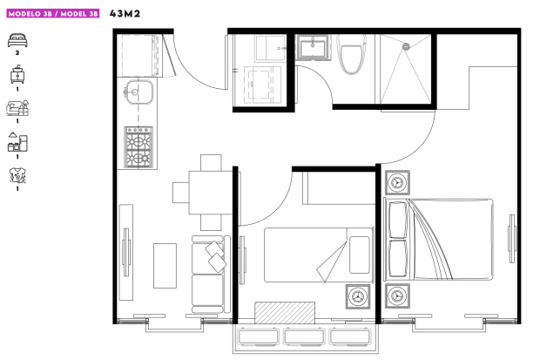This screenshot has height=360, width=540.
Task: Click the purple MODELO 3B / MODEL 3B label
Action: coord(53,14)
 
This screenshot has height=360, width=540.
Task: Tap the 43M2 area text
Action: coord(125,14)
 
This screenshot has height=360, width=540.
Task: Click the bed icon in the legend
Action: coord(17,40)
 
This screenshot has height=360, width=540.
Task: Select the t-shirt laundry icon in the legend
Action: coord(17,175)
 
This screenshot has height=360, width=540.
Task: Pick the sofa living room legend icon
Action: coord(17,108)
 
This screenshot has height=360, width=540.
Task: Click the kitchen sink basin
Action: coord(139,92)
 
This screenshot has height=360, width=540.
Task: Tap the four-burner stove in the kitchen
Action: coord(138,147)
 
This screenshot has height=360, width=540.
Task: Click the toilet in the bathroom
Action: coord(352,54)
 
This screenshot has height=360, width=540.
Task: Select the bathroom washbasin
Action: coord(313,48)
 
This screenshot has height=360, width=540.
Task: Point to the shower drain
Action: coord(407,46)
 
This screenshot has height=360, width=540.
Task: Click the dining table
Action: coord(211,192)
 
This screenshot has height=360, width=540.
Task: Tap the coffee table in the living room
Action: coord(165,266)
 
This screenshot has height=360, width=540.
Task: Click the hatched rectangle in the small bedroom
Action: coord(285,313)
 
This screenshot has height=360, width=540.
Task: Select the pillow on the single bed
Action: coord(360,255)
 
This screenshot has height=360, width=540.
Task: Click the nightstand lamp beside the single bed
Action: coord(358,296)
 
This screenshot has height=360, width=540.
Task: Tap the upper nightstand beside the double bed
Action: coord(397,182)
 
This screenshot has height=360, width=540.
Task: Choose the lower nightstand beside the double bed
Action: coord(397,295)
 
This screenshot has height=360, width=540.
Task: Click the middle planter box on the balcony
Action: coord(304,336)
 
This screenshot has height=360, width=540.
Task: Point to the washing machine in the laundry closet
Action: coord(262,85)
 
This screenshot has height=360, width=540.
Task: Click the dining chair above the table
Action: coord(211,162)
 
